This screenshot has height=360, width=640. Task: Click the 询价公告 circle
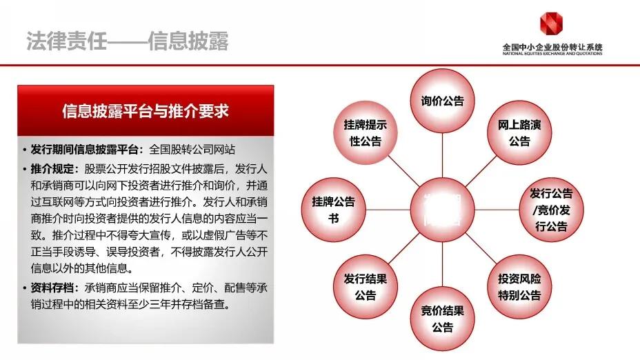click(x=442, y=101)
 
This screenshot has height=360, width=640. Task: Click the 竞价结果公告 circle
click(x=442, y=318)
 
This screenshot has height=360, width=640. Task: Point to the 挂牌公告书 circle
click(x=333, y=209)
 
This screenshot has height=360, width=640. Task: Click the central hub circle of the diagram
click(x=442, y=209)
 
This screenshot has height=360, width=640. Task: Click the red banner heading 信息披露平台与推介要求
click(x=146, y=111)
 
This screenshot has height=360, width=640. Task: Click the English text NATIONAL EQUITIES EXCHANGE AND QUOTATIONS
click(x=552, y=53)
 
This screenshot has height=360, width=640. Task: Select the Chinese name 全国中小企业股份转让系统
click(x=552, y=46)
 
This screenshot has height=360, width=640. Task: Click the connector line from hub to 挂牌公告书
click(x=387, y=209)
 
